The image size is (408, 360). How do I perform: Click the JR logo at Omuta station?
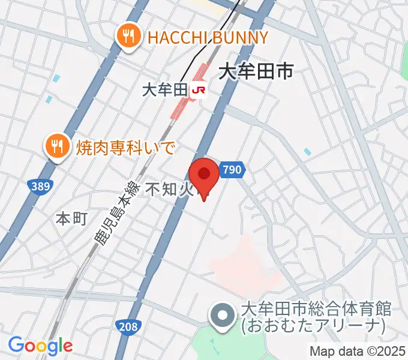point(199,91)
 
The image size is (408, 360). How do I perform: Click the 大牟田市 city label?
point(256,73)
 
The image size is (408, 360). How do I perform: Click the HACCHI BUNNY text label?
point(208,38)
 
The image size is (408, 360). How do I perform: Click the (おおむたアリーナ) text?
point(313,326)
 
